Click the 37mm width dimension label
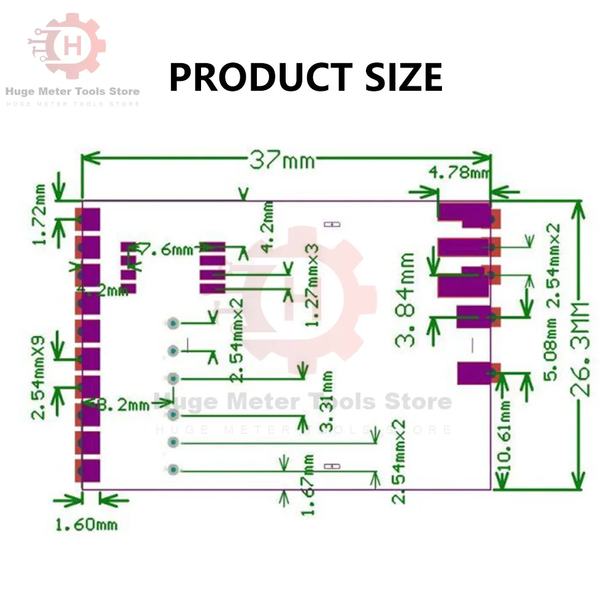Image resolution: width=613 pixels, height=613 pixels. [282, 161]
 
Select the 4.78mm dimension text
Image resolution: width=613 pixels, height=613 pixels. [460, 173]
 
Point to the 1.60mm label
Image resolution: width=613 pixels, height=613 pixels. [86, 525]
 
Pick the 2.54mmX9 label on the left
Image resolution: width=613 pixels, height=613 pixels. [41, 377]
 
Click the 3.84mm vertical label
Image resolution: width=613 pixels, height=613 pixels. [406, 300]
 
